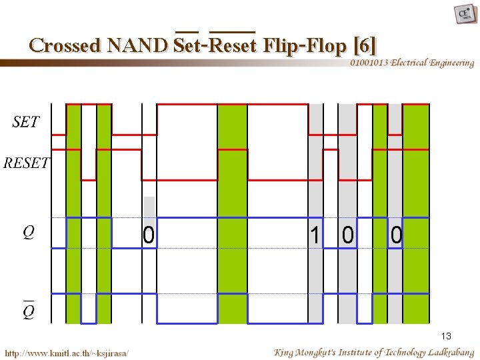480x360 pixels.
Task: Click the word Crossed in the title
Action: click(65, 45)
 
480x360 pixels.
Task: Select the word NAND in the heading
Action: click(137, 45)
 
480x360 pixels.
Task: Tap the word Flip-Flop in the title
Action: click(305, 45)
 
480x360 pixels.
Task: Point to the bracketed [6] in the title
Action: click(366, 45)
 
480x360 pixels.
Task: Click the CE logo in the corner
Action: click(465, 14)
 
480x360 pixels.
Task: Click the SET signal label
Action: click(26, 122)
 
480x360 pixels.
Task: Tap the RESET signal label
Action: click(26, 163)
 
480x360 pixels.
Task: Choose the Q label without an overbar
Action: click(28, 232)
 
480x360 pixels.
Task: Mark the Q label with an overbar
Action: click(28, 310)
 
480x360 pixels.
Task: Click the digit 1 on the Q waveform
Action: click(314, 235)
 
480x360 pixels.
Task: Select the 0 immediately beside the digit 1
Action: click(347, 235)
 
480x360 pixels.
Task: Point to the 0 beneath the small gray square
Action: click(149, 235)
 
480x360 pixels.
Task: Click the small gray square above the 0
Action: click(149, 206)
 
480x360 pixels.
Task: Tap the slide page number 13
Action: click(446, 336)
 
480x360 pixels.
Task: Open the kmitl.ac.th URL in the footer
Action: click(67, 352)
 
